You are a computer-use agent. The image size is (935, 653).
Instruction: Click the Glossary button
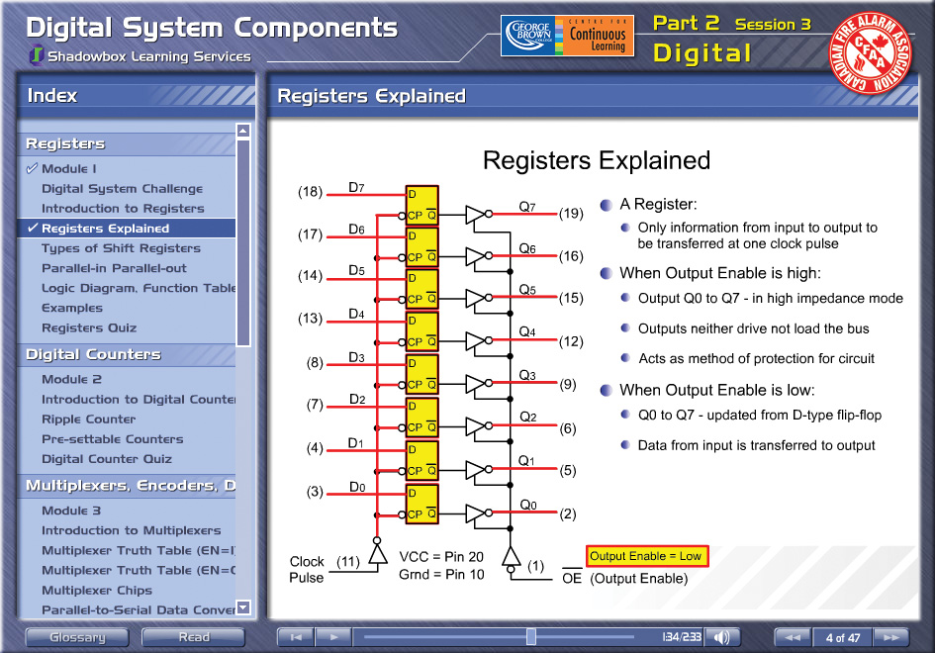(x=77, y=637)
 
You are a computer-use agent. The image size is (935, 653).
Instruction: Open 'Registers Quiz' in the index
(x=89, y=327)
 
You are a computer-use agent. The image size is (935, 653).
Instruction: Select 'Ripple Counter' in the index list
(x=88, y=419)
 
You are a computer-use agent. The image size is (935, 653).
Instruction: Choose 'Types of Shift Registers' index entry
(x=121, y=248)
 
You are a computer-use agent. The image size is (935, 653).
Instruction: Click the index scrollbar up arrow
(x=242, y=131)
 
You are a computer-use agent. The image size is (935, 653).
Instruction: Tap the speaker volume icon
(x=721, y=637)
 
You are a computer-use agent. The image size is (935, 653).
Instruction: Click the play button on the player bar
(x=333, y=637)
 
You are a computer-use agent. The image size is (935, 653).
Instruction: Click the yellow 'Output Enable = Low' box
(x=647, y=556)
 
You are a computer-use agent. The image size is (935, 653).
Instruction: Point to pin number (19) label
(x=571, y=214)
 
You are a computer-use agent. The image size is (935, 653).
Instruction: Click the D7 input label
(x=356, y=187)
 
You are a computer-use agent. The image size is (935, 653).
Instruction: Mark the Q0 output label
(x=528, y=506)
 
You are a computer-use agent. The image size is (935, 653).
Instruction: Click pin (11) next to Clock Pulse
(x=348, y=562)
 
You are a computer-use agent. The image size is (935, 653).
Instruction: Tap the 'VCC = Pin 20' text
(x=441, y=557)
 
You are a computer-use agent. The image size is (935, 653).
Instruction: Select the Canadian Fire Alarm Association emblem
(x=870, y=53)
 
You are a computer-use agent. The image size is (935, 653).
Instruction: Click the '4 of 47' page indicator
(x=843, y=637)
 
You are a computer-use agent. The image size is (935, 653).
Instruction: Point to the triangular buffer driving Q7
(x=475, y=214)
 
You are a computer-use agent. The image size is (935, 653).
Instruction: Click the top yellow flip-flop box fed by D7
(x=422, y=205)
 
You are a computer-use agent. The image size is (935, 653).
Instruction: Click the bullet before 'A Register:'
(x=607, y=205)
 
